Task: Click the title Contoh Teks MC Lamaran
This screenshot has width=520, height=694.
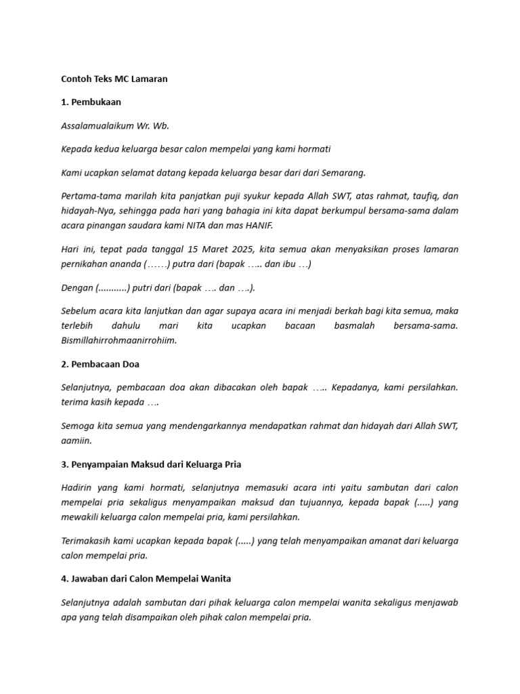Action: point(114,79)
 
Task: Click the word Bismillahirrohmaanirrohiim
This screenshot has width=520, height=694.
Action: point(118,340)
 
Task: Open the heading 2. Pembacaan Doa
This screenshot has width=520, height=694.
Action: point(100,364)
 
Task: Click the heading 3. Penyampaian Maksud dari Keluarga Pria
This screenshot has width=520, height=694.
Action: point(151,464)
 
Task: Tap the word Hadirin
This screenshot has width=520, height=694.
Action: point(78,487)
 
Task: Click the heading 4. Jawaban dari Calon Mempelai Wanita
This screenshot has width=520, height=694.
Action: point(146,579)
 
